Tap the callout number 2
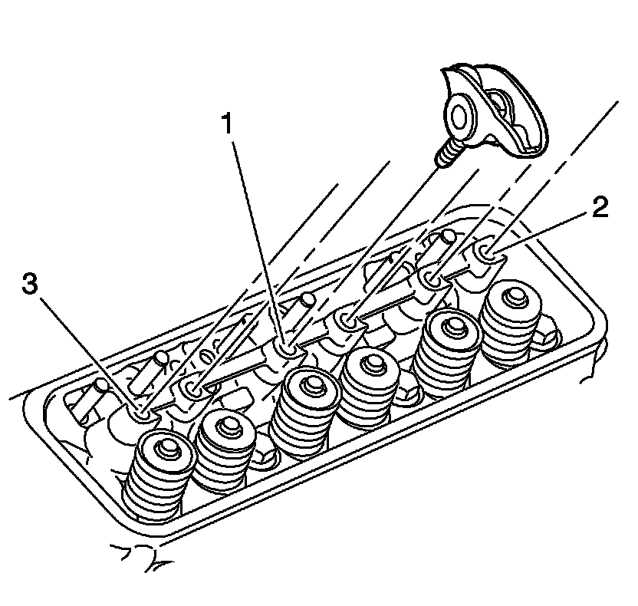[x=598, y=208]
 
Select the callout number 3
[x=29, y=285]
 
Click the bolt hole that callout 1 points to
[x=287, y=349]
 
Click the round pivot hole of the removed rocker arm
[x=459, y=117]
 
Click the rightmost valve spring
[x=510, y=315]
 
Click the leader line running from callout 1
[x=256, y=238]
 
